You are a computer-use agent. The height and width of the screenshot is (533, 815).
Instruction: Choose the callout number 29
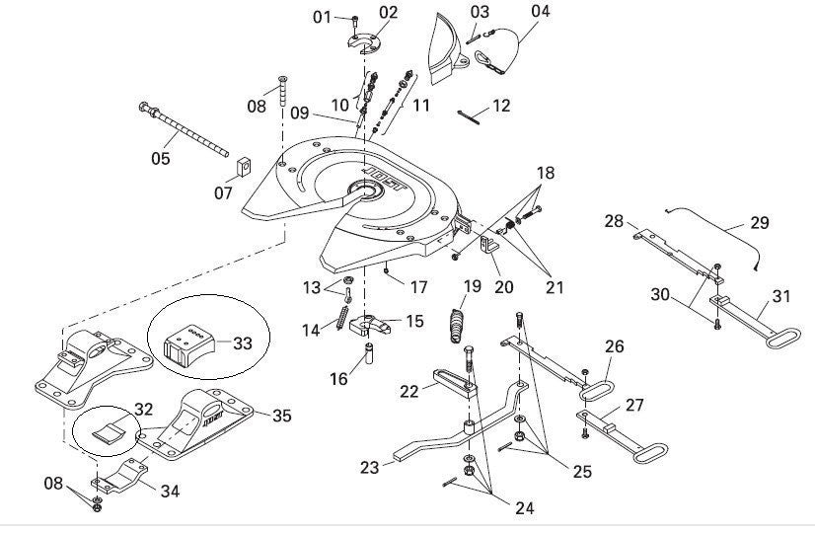[x=758, y=223]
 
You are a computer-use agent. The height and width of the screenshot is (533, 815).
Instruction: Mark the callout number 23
[x=368, y=468]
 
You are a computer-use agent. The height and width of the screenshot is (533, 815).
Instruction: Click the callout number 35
[x=281, y=416]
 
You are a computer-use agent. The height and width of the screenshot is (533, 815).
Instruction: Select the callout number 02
[x=388, y=12]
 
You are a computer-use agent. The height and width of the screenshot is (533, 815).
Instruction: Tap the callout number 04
[x=540, y=12]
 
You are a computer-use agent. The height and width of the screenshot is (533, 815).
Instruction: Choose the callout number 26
[x=615, y=346]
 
